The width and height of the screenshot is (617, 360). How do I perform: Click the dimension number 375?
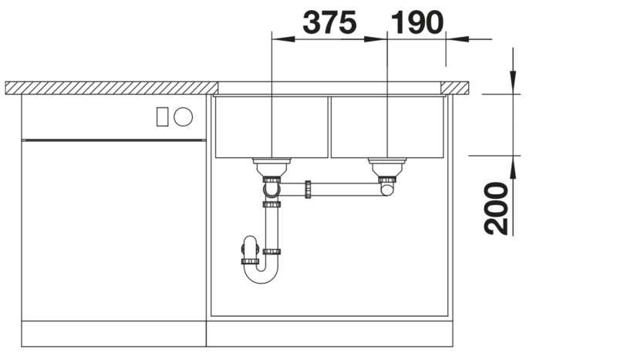[329, 22]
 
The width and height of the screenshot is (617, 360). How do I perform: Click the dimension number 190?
[417, 22]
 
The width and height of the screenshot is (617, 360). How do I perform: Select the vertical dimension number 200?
[496, 209]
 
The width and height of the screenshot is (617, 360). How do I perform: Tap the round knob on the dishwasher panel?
[184, 117]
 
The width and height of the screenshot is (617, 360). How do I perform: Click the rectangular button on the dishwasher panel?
[163, 117]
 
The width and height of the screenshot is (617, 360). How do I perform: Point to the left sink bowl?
[271, 126]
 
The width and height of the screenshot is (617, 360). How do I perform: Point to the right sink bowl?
[388, 126]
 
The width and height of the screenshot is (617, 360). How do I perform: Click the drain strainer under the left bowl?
[271, 167]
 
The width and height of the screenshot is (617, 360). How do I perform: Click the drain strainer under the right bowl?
[387, 167]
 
